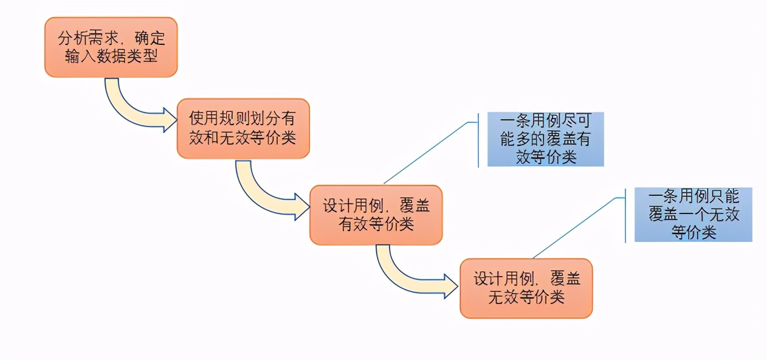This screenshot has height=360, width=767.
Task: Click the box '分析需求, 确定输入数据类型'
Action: click(111, 47)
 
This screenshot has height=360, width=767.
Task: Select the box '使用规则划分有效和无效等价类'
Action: click(243, 128)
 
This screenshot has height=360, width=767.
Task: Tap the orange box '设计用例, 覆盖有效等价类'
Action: click(376, 215)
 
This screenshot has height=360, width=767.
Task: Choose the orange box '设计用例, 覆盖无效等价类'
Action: click(526, 288)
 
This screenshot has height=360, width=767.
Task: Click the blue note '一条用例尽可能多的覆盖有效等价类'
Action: click(545, 139)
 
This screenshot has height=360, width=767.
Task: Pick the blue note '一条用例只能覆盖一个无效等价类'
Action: click(693, 214)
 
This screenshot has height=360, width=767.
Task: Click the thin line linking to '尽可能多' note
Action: click(425, 153)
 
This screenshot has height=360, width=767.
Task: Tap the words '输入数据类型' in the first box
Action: click(111, 57)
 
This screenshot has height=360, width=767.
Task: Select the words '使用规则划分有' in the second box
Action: click(243, 119)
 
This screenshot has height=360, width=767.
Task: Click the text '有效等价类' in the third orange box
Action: click(376, 224)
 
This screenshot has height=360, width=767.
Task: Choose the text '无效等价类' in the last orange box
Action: click(526, 297)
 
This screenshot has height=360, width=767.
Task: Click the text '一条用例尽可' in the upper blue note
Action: click(545, 121)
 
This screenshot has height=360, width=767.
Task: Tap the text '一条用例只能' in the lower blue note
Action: click(693, 197)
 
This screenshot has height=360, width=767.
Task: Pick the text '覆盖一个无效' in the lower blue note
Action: click(693, 215)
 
